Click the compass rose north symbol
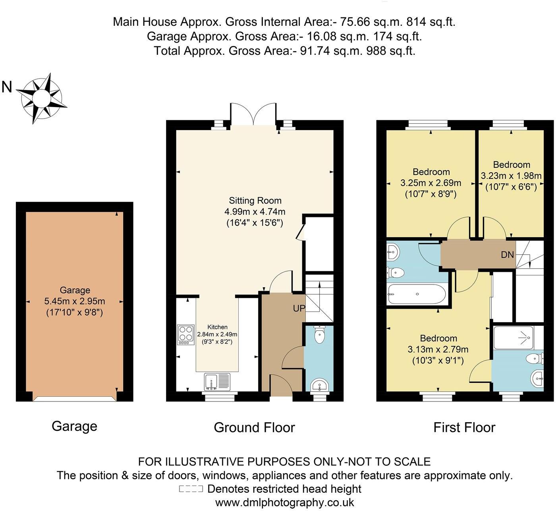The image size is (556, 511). pyautogui.click(x=41, y=97)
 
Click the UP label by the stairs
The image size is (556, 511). pyautogui.click(x=299, y=308)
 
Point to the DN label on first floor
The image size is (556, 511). pyautogui.click(x=507, y=255)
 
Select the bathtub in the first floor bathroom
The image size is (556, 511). pyautogui.click(x=417, y=294)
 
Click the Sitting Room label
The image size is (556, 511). pyautogui.click(x=255, y=201)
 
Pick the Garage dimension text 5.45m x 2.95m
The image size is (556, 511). pyautogui.click(x=75, y=301)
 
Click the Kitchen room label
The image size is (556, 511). pyautogui.click(x=217, y=327)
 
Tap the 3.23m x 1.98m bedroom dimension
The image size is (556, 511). pyautogui.click(x=511, y=175)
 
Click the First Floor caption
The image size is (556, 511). pyautogui.click(x=464, y=427)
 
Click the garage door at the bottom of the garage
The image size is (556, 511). pyautogui.click(x=75, y=398)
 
